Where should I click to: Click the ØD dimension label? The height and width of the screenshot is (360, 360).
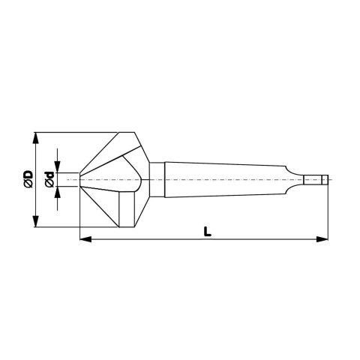[x=28, y=178]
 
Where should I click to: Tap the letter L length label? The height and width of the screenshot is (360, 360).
[x=207, y=232]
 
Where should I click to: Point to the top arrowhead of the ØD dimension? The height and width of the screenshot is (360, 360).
[x=36, y=138]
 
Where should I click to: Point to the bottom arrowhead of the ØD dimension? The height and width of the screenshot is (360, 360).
[x=36, y=221]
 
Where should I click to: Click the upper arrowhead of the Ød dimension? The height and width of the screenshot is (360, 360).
[x=58, y=167]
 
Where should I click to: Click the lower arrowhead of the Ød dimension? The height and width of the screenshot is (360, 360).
[x=58, y=192]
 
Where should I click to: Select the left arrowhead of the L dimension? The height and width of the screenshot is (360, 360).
[x=85, y=239]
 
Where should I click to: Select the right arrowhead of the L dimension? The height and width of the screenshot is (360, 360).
[x=322, y=239]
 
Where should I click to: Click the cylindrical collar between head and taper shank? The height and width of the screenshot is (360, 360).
[x=157, y=179]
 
